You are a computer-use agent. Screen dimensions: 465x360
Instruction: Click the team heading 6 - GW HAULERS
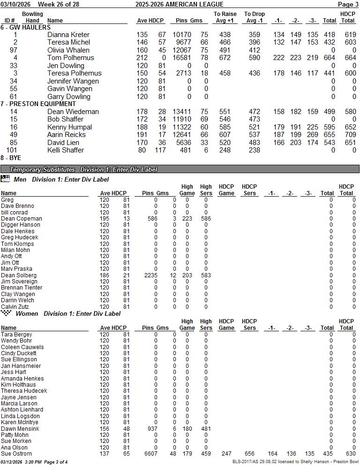[25, 28]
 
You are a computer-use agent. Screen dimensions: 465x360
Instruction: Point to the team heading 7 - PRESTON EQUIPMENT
[38, 104]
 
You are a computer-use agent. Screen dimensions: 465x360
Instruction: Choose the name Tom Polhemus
[70, 58]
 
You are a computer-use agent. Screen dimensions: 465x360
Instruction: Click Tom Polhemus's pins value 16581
[185, 58]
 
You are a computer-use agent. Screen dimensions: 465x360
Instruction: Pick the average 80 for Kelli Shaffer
[142, 150]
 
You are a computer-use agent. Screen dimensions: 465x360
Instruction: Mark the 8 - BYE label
[11, 158]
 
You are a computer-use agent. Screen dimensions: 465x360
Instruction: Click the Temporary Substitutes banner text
[42, 169]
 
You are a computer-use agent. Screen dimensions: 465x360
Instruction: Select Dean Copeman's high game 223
[187, 219]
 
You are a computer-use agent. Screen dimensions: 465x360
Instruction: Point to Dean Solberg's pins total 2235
[150, 275]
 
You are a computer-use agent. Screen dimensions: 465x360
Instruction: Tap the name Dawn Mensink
[20, 429]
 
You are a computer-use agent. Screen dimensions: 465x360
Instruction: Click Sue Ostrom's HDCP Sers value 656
[249, 454]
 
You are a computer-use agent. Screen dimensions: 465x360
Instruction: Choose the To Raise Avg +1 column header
[225, 17]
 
